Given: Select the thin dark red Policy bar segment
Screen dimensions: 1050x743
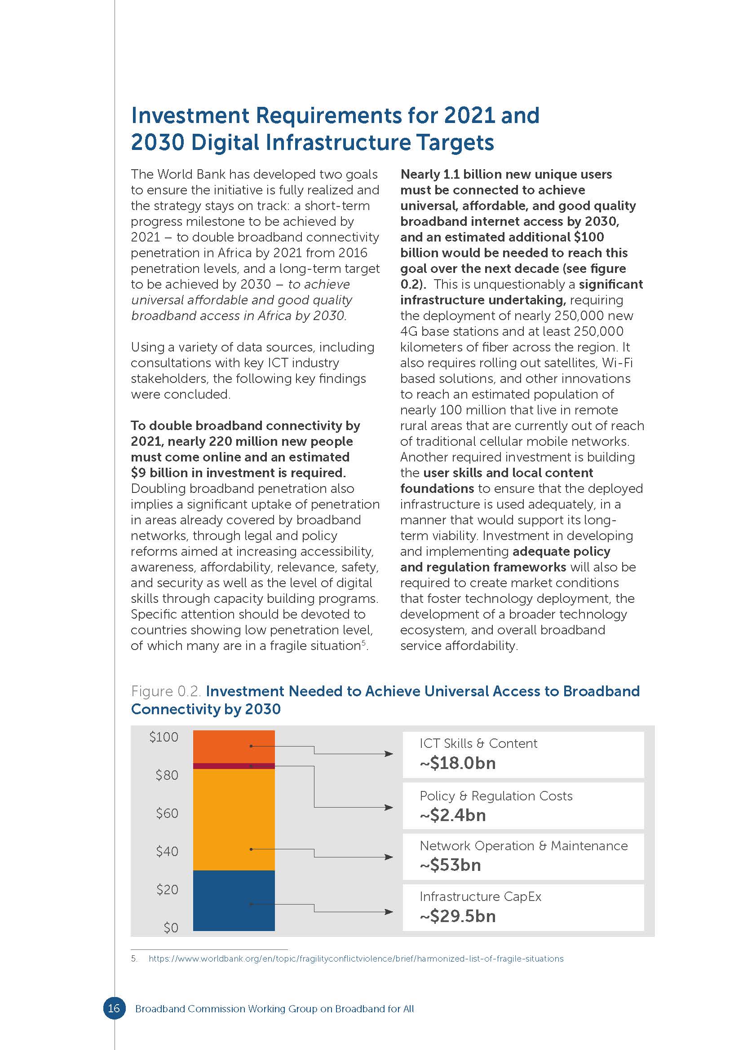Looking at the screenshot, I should click(234, 765).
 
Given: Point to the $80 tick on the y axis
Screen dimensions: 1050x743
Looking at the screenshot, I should click(167, 775).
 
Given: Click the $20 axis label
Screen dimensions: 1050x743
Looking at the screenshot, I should click(167, 889).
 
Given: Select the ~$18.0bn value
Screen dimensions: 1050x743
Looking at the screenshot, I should click(457, 763).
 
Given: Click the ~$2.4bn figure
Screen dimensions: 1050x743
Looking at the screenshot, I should click(452, 815).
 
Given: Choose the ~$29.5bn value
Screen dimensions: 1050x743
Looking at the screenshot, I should click(457, 916).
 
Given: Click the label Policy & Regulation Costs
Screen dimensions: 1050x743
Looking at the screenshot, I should click(496, 796).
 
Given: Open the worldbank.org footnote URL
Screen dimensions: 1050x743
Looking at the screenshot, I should click(356, 958).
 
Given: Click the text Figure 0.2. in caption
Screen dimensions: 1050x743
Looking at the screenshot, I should click(166, 691).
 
